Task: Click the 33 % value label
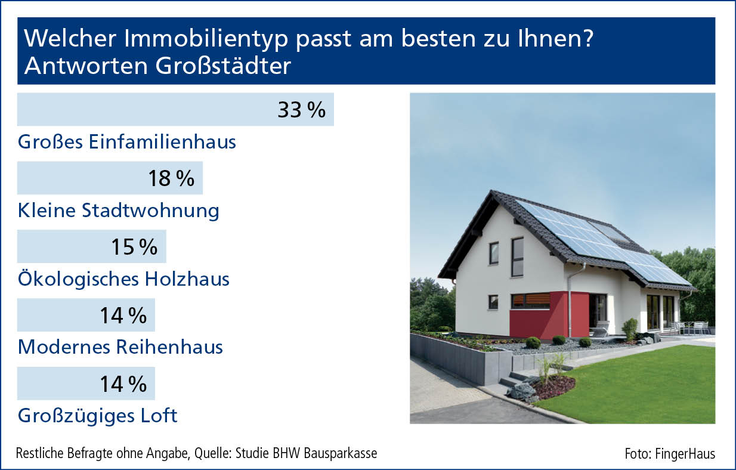[302, 110]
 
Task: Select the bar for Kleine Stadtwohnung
[110, 178]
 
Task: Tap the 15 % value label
[134, 247]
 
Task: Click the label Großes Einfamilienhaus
[127, 142]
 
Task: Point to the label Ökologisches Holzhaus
[123, 279]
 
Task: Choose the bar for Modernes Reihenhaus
[86, 315]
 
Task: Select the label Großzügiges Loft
[98, 416]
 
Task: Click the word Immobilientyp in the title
[206, 39]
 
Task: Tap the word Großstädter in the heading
[223, 66]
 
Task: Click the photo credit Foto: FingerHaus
[670, 454]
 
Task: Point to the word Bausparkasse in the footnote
[341, 453]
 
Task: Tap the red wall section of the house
[549, 316]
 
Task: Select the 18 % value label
[171, 178]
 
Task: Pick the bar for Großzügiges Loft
[86, 384]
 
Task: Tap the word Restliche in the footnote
[40, 453]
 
